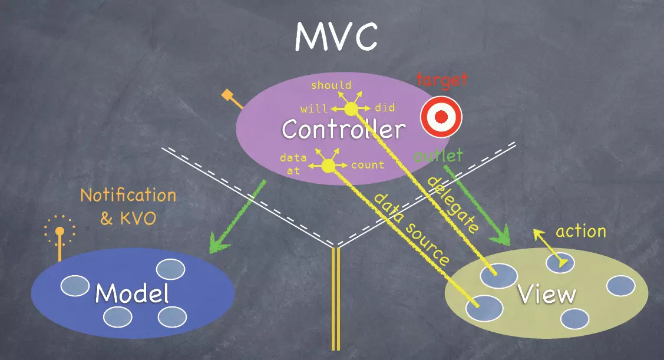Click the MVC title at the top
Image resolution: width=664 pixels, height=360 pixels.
[x=336, y=37]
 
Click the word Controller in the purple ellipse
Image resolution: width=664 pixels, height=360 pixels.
[x=343, y=129]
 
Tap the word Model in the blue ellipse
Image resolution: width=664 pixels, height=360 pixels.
[x=131, y=293]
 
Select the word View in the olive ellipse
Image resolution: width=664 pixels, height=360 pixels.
[x=546, y=293]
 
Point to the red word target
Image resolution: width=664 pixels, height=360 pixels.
[x=441, y=79]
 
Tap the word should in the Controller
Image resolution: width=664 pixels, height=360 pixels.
[x=331, y=85]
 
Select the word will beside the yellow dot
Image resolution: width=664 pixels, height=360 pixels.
[x=314, y=109]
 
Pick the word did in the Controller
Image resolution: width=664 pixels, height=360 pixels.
[x=385, y=108]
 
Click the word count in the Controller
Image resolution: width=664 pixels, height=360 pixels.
[x=368, y=165]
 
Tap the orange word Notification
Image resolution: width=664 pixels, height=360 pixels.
[x=128, y=195]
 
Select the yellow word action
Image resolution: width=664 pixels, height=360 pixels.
[x=580, y=231]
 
